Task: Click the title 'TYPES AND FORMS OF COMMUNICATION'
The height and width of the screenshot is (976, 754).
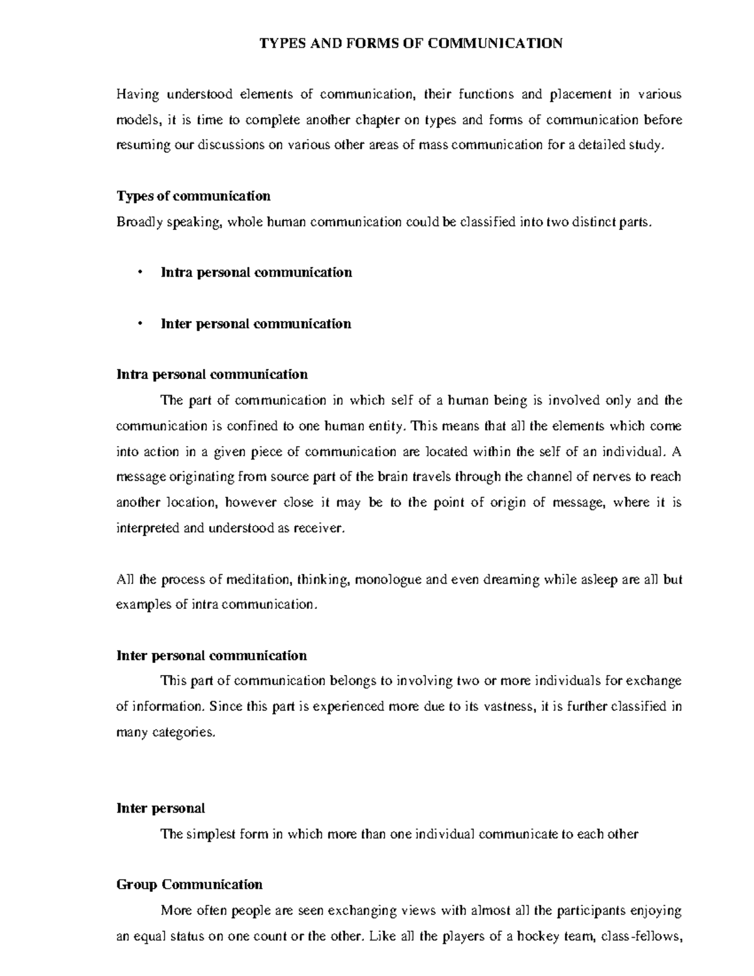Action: [412, 43]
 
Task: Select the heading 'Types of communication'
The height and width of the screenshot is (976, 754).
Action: [194, 196]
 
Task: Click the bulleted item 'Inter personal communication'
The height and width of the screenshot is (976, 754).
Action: [256, 324]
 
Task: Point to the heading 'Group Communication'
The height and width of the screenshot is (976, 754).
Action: [190, 885]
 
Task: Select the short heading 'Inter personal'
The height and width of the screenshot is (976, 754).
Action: [161, 808]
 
